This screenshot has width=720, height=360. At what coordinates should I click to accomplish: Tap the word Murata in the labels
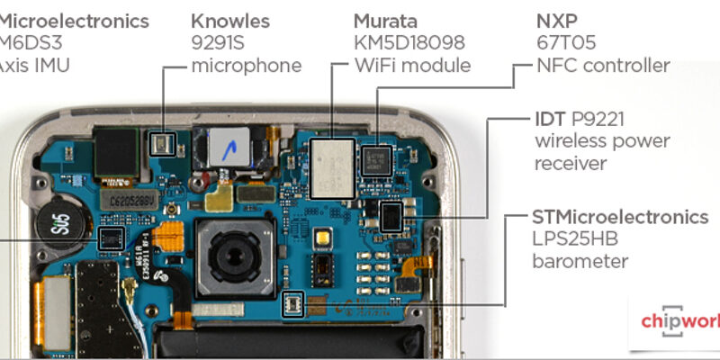click(x=384, y=21)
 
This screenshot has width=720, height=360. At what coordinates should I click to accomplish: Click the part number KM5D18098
click(x=410, y=42)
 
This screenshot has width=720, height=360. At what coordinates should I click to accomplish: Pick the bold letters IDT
click(x=550, y=120)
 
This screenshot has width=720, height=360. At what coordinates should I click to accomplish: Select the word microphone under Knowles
click(x=247, y=65)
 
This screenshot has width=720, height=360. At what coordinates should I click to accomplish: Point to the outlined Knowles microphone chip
click(x=162, y=141)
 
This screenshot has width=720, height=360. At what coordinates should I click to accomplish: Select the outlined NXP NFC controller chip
click(x=373, y=157)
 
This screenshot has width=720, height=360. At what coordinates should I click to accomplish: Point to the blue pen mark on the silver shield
click(x=232, y=143)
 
